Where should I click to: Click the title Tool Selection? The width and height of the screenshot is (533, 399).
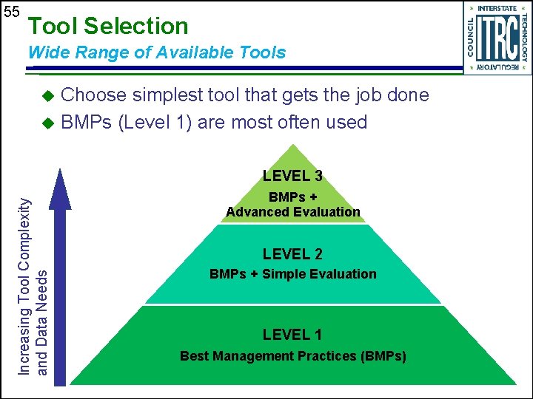[107, 27]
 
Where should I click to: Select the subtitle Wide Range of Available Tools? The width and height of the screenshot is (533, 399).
[156, 52]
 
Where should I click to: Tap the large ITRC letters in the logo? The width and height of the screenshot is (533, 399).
[497, 38]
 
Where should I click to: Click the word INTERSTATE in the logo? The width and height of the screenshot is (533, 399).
[497, 9]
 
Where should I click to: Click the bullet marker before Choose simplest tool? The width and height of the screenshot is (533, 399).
[48, 96]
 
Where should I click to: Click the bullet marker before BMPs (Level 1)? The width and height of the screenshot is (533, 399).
[48, 123]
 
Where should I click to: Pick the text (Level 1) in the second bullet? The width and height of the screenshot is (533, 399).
[155, 122]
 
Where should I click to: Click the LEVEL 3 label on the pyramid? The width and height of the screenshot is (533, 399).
[292, 176]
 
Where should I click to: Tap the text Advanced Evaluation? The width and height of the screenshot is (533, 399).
[293, 212]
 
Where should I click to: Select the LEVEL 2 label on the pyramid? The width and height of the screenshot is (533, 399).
[292, 254]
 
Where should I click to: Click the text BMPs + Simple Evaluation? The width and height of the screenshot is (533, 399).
[292, 274]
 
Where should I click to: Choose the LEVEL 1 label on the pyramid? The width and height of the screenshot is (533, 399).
[292, 335]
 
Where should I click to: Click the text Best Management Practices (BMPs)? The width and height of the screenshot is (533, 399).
[292, 356]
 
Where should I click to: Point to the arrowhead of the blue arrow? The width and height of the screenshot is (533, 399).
[58, 188]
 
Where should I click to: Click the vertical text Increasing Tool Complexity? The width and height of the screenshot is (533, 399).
[25, 284]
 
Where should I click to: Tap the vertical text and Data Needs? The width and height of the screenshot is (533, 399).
[42, 319]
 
